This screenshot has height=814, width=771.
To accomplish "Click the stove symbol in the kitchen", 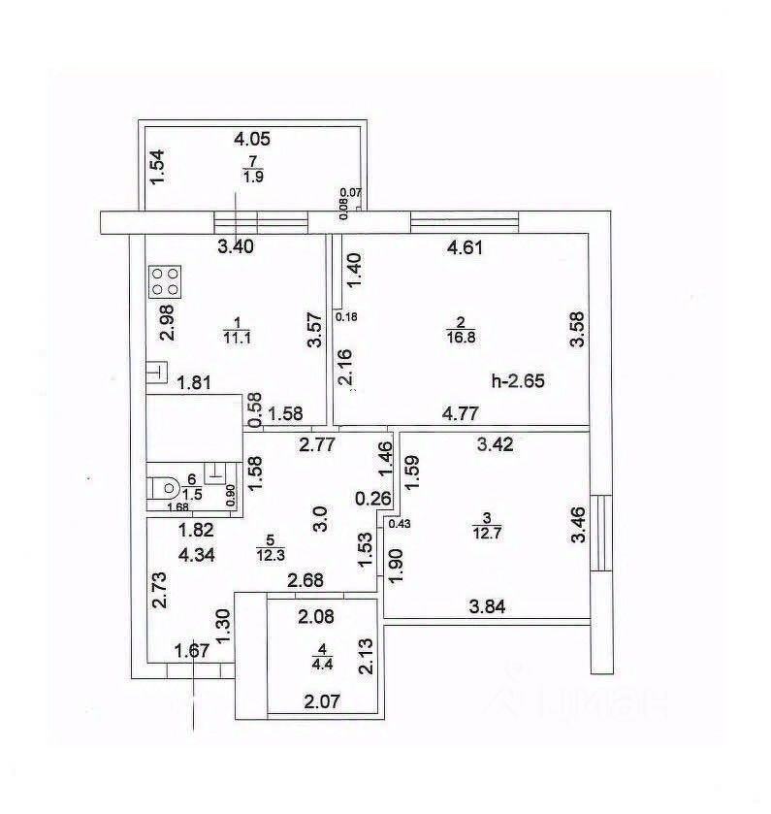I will [x=164, y=281].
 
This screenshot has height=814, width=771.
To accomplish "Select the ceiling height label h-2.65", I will [x=519, y=381].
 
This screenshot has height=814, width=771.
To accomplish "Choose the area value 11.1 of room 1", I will [x=237, y=337].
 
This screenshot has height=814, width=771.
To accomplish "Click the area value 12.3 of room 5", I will [x=270, y=555].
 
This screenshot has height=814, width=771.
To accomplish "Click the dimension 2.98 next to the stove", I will [x=167, y=322].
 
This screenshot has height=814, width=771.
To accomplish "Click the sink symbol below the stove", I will [x=156, y=373].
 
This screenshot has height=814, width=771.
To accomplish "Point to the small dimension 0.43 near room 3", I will [x=398, y=524].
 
